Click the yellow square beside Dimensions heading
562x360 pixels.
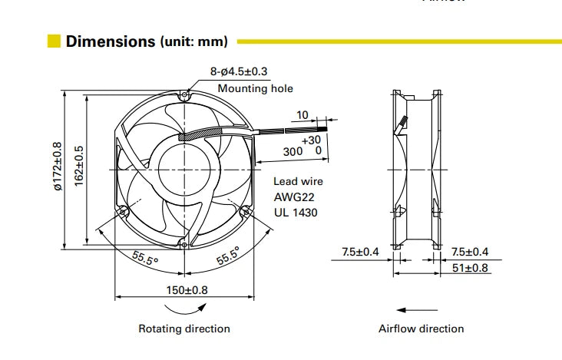(x=54, y=41)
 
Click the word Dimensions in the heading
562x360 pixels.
(x=111, y=41)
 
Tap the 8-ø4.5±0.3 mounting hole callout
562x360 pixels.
(x=239, y=71)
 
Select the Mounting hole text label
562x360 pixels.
(x=255, y=88)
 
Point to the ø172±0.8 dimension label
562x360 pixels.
(x=58, y=167)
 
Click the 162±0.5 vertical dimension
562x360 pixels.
(x=79, y=166)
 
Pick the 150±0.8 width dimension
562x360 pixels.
(x=187, y=290)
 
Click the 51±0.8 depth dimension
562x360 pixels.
(x=470, y=268)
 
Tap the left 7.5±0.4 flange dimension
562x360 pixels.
(x=360, y=252)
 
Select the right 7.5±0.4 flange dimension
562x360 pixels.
(x=470, y=252)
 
